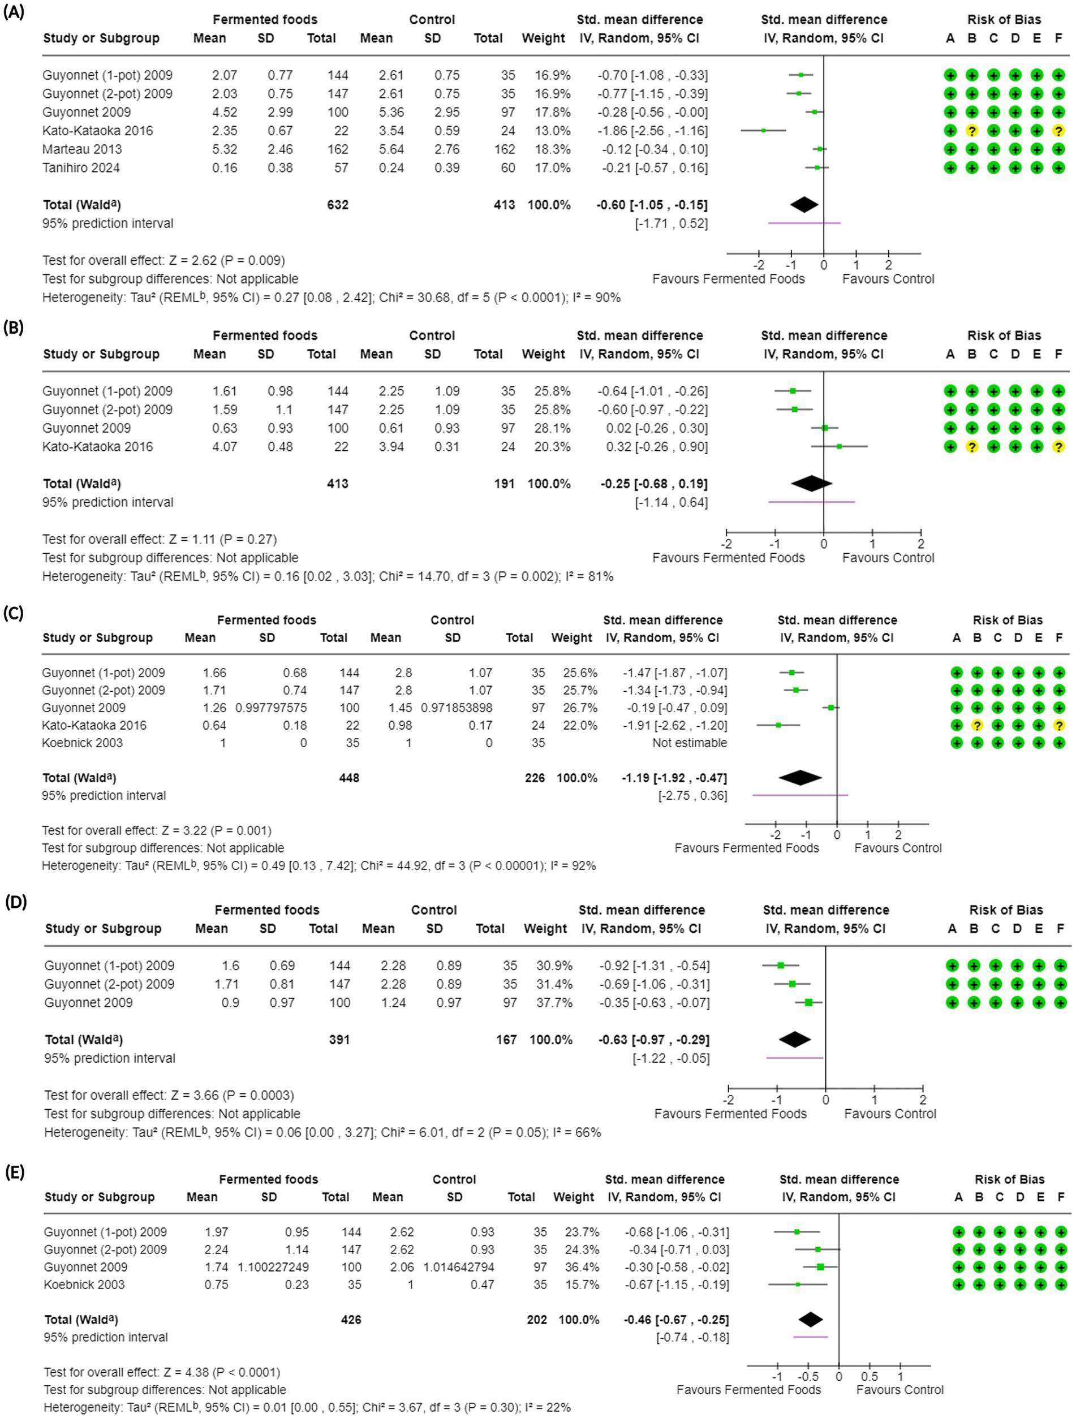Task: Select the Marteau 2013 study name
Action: click(x=82, y=149)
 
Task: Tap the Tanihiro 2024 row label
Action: click(x=81, y=168)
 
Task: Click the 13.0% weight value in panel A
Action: click(x=553, y=131)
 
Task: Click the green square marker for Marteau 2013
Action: click(x=820, y=149)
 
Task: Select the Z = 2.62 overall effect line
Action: click(x=163, y=260)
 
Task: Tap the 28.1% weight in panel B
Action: click(x=553, y=428)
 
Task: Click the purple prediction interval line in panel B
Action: click(x=811, y=502)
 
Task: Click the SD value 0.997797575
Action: click(x=271, y=708)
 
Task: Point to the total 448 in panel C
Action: click(x=349, y=778)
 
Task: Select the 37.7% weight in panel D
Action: click(x=554, y=1003)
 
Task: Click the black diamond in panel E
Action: click(x=811, y=1319)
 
